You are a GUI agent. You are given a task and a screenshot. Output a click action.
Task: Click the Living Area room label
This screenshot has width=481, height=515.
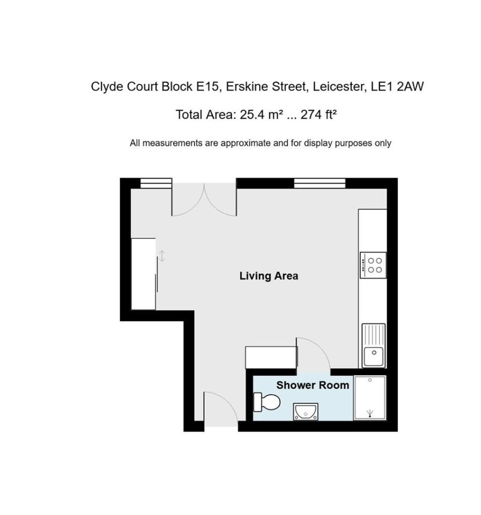(x=269, y=276)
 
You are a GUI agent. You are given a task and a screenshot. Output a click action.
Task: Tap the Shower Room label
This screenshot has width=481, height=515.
(x=312, y=385)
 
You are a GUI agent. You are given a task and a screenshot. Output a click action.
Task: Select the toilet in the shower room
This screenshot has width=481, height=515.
(x=267, y=402)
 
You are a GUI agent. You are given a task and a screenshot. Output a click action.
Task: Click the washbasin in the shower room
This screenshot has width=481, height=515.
(x=305, y=411)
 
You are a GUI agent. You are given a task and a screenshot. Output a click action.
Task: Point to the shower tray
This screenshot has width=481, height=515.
(x=370, y=398)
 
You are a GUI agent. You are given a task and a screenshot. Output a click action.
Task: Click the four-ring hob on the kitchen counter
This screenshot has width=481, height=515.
(x=373, y=265)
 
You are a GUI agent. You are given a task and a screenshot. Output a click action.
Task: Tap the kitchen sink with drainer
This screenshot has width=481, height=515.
(x=373, y=346)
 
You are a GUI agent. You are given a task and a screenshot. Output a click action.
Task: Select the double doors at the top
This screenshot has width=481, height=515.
(x=204, y=199)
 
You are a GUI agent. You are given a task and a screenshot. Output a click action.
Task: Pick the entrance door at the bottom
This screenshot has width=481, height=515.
(x=221, y=408)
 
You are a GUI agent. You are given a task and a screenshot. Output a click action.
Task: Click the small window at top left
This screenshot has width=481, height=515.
(x=156, y=183)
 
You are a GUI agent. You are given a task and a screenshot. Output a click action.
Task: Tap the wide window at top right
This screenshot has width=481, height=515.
(x=319, y=183)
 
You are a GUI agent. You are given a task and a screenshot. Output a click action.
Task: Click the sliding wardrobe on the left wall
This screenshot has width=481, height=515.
(x=143, y=274)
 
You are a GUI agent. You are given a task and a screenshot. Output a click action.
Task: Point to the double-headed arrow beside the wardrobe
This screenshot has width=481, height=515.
(x=162, y=256)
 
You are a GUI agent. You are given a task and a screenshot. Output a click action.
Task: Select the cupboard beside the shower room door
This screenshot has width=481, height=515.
(x=271, y=357)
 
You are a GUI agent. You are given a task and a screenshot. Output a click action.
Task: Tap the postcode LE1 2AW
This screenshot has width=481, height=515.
(x=397, y=87)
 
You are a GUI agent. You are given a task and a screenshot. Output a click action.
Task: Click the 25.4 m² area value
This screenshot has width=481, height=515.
(x=262, y=115)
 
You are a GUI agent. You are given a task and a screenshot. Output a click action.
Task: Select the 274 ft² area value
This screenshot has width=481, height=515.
(x=318, y=115)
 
